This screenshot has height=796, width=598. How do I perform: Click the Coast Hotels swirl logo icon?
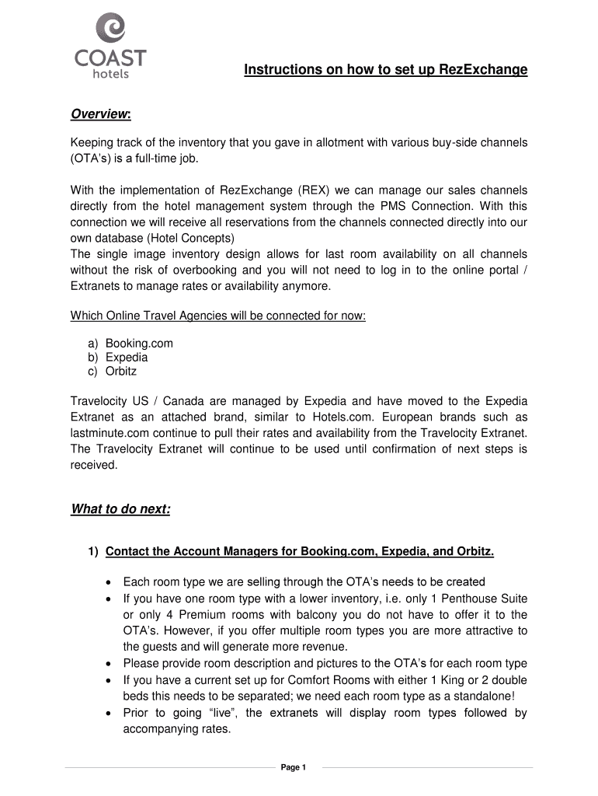coord(110,29)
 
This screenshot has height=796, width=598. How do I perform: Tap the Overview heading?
coord(100,115)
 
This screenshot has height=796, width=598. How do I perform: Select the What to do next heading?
coord(120,510)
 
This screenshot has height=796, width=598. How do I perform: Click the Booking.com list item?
coord(139,343)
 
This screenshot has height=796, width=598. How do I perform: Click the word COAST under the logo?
coord(110,58)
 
